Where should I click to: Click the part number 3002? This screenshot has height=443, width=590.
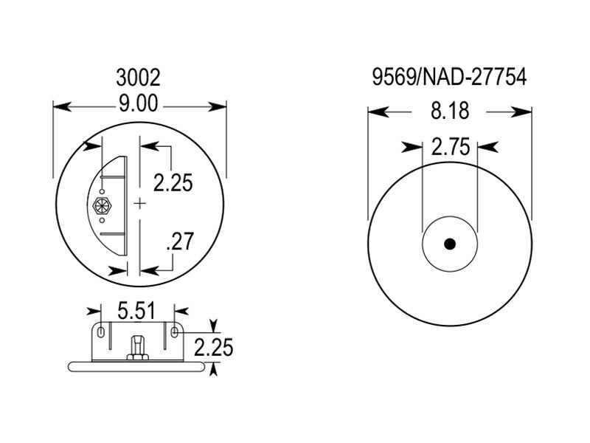[139, 78]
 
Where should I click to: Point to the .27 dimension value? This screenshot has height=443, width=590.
[180, 241]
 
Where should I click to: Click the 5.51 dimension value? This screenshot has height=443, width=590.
[136, 311]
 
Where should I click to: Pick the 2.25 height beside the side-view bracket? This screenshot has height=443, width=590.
[213, 346]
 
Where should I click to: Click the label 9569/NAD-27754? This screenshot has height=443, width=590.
[450, 78]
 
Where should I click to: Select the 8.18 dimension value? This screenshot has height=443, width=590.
[450, 111]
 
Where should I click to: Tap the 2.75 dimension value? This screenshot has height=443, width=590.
[450, 147]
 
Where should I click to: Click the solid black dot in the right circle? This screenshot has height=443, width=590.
[450, 244]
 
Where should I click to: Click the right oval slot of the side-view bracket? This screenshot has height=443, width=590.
[174, 333]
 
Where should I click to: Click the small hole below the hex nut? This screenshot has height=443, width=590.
[101, 220]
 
